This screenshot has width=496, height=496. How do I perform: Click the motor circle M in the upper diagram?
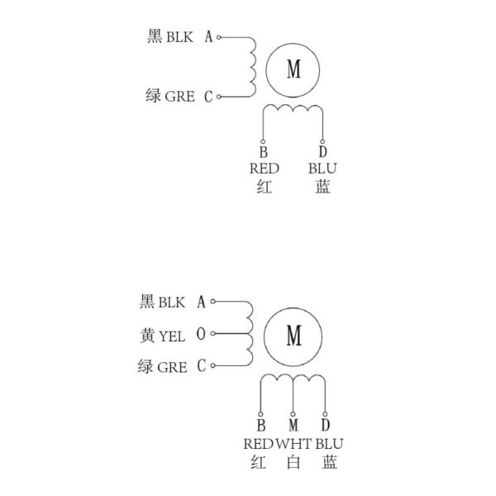293,69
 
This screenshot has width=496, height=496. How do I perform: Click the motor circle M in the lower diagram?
293,335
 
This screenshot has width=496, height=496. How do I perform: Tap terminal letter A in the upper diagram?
208,37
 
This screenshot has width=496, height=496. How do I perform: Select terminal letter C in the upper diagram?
208,97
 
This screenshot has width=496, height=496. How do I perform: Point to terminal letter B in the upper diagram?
263,152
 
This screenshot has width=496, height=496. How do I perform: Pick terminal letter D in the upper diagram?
322,152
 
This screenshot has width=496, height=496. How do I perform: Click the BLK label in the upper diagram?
179,37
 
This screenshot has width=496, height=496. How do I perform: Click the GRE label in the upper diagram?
179,97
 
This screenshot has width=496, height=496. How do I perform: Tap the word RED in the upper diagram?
265,169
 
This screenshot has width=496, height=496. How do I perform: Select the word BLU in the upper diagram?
323,169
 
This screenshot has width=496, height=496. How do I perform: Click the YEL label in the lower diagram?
171,335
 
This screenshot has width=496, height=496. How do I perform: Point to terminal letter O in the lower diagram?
201,335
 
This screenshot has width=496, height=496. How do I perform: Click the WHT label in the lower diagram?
293,443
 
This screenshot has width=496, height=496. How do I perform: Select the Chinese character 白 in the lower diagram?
293,461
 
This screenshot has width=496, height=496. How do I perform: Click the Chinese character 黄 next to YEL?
148,335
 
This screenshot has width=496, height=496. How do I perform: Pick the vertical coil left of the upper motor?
252,67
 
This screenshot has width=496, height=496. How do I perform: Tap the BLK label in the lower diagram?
171,303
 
